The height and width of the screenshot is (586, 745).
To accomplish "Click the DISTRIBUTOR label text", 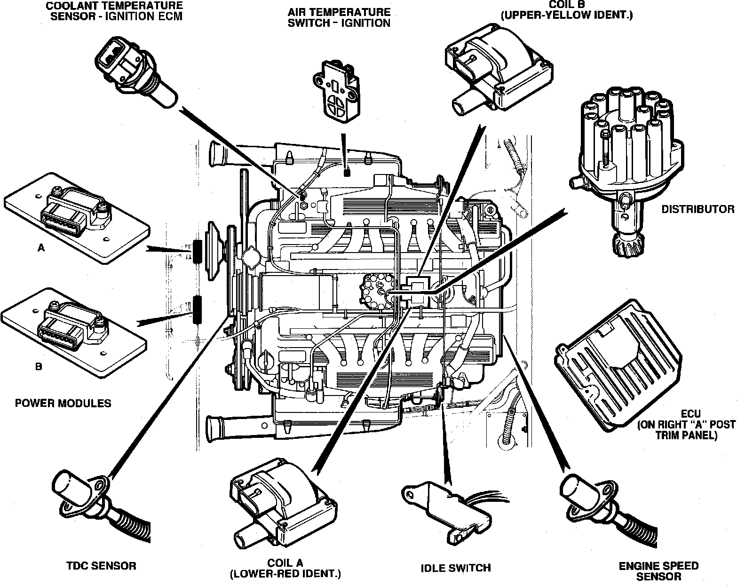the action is click(697, 209).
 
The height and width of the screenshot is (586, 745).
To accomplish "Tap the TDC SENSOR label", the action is click(101, 566).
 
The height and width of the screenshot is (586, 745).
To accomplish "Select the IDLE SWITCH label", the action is click(456, 568).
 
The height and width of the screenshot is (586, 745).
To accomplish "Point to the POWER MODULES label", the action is click(63, 403).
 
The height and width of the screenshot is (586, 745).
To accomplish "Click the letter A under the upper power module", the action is click(41, 247).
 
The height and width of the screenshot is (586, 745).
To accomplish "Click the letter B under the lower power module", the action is click(39, 366).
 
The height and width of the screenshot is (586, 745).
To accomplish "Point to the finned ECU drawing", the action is click(618, 365).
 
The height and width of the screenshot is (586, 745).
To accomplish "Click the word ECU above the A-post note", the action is click(690, 414).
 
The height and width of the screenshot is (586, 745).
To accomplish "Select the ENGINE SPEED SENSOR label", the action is click(658, 571).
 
